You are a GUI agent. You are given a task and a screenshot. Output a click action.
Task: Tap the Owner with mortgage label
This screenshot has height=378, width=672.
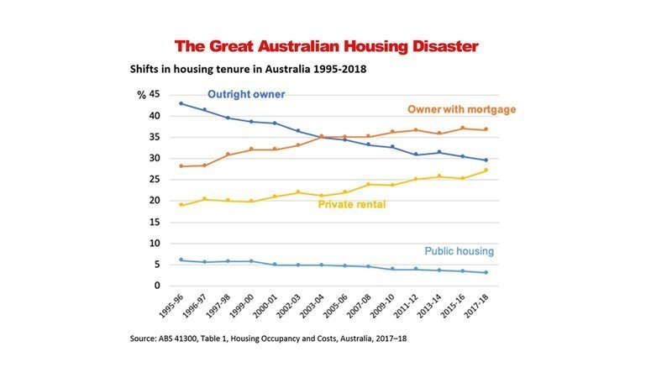tap(461, 109)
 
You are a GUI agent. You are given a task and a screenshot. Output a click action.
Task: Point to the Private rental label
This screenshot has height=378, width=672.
tap(351, 204)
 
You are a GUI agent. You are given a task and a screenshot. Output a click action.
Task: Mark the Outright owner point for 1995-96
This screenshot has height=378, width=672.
tap(181, 103)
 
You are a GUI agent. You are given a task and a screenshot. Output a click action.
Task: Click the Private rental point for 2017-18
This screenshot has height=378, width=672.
tap(486, 171)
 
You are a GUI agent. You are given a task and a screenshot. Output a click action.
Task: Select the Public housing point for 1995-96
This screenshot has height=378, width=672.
tap(181, 260)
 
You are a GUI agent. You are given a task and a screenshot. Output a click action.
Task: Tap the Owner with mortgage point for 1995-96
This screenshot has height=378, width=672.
tap(181, 166)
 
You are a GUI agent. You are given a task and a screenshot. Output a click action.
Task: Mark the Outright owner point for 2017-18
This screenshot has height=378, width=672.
tap(486, 160)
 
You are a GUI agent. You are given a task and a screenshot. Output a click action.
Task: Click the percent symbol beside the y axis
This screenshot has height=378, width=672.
tap(141, 94)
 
